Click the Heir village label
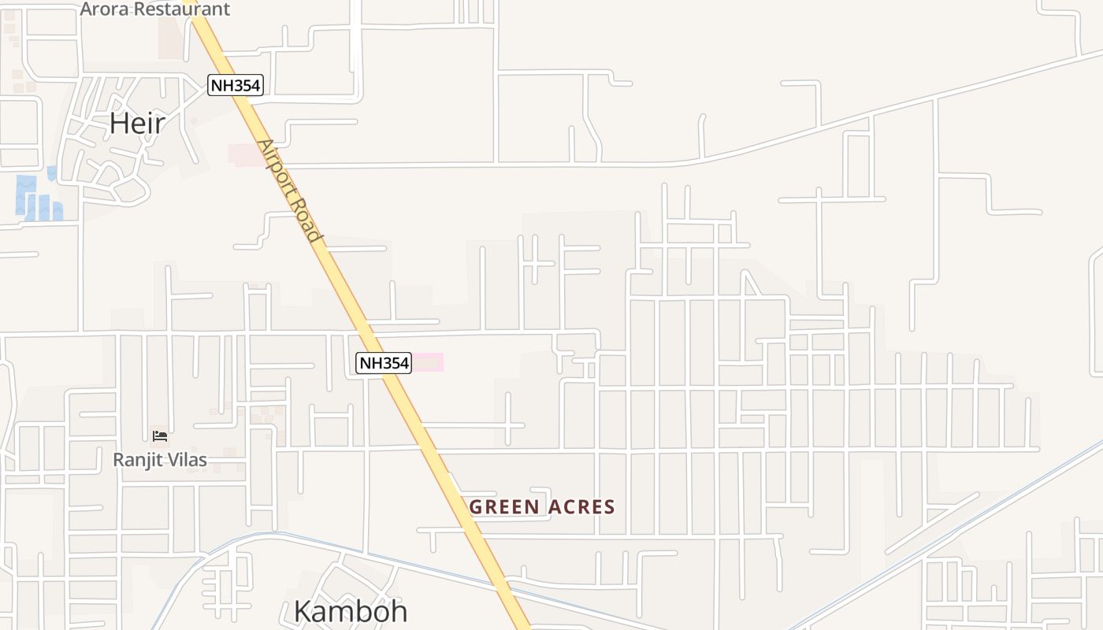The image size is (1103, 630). [x=137, y=124]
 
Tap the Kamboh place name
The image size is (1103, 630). [x=351, y=611]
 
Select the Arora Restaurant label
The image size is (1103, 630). [x=155, y=9]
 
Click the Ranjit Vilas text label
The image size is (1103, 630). [x=160, y=459]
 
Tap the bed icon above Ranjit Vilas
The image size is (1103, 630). [x=160, y=435]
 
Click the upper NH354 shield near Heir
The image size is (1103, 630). [x=235, y=85]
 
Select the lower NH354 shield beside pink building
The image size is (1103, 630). [x=384, y=363]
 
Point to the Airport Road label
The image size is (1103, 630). [x=290, y=190]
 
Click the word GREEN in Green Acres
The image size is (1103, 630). [x=504, y=507]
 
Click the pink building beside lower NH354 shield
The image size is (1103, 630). [x=428, y=362]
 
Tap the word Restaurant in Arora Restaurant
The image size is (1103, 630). [x=182, y=9]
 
